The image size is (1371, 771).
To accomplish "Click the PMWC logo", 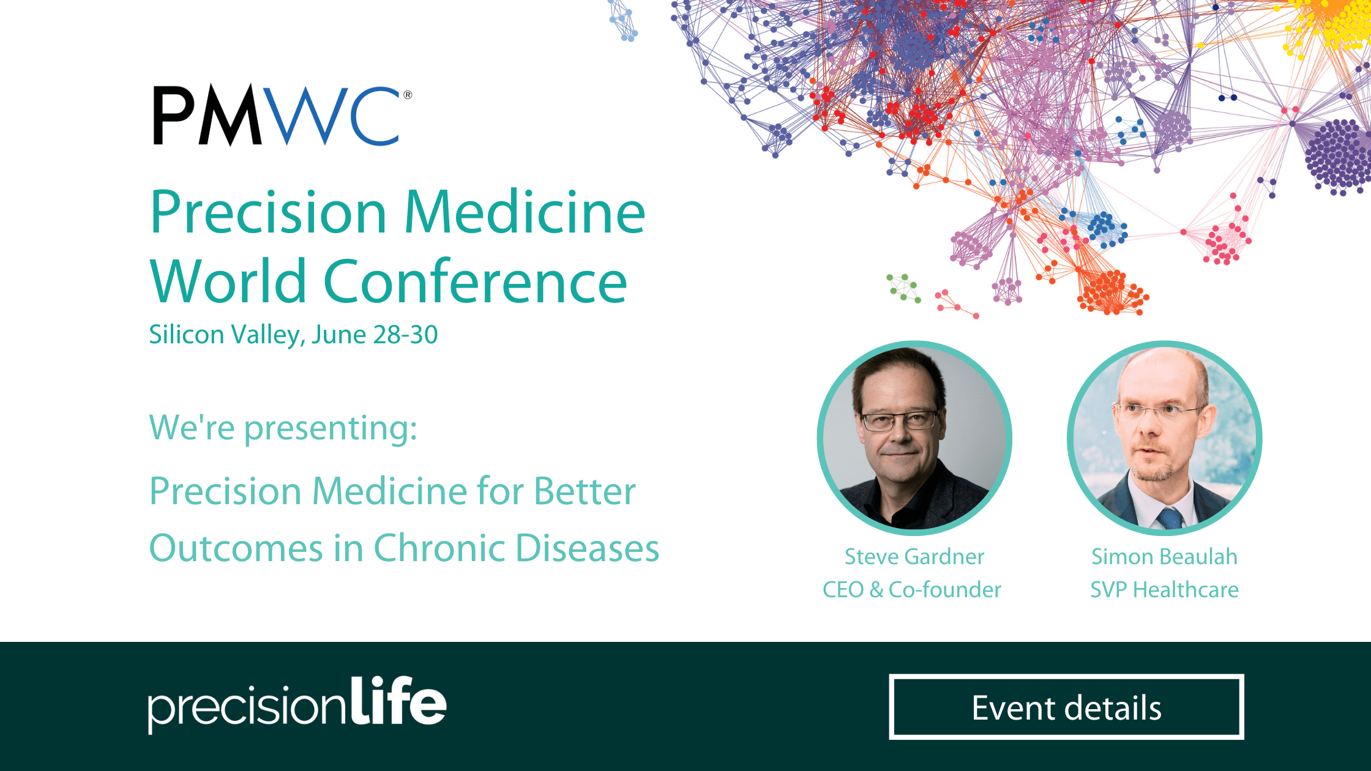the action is [282, 115].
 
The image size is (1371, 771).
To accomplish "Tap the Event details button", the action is [1066, 707].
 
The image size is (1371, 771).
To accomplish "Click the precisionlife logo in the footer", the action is [297, 704].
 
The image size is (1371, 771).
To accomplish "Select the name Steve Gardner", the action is [914, 557].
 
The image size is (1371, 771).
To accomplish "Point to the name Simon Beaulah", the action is [1164, 557].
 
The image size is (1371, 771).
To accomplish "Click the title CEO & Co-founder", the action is [912, 590].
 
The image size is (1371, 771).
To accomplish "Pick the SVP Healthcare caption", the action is [1164, 590].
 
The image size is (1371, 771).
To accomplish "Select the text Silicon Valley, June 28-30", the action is [294, 335].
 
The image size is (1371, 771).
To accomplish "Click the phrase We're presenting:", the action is [283, 428].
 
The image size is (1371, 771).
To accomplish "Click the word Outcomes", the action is [236, 548].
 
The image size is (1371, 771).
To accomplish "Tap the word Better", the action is [585, 491].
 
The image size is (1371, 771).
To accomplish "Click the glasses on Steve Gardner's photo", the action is [898, 420].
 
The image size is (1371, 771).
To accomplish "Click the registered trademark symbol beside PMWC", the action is [408, 95].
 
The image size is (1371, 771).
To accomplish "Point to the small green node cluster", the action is [903, 288].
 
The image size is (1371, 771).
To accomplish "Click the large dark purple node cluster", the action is [1338, 156].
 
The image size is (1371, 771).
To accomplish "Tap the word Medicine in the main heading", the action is [525, 212].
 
